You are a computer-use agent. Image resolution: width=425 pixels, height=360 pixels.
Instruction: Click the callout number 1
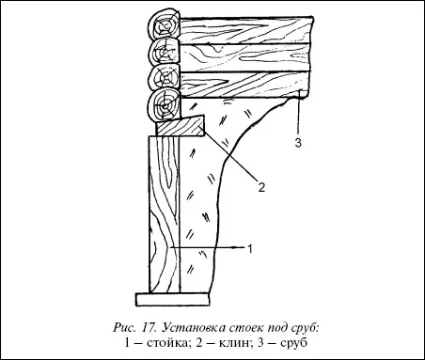point(250,249)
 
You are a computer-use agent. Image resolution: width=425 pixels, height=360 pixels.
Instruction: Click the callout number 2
point(261,187)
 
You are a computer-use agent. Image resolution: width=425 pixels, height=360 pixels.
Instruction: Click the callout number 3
point(298,143)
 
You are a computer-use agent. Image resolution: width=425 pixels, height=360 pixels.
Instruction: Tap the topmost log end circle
point(165,24)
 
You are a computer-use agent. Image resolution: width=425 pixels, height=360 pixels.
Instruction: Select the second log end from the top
point(165,53)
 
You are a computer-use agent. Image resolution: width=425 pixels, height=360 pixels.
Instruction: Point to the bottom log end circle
point(165,105)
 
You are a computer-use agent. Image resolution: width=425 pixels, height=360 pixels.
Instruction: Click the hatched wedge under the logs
point(181,126)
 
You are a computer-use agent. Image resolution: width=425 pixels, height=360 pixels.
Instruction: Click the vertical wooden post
point(165,214)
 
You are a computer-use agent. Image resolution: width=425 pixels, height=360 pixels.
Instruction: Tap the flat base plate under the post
point(173,300)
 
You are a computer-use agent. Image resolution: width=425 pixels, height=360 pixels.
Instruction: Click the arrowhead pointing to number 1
point(240,247)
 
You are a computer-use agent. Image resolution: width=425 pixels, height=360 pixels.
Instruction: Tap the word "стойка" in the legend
point(167,343)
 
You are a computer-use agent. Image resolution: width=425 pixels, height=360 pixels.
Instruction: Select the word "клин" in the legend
point(233,343)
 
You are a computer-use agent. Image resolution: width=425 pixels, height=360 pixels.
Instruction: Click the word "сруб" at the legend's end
point(293,343)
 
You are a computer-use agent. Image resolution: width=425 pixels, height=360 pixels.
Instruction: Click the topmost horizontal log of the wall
point(246,29)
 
